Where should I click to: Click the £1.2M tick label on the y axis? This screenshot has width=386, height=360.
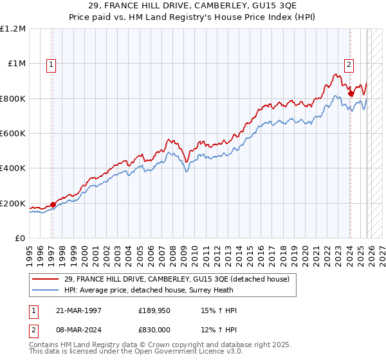[13, 29]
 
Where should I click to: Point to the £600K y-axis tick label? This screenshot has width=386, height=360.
[13, 134]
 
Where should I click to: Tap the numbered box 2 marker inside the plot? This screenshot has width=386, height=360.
[349, 64]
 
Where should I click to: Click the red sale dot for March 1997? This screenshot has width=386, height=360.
[53, 205]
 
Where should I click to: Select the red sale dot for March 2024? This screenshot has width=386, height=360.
[351, 94]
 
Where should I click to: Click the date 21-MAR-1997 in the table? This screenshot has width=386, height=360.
[76, 310]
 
